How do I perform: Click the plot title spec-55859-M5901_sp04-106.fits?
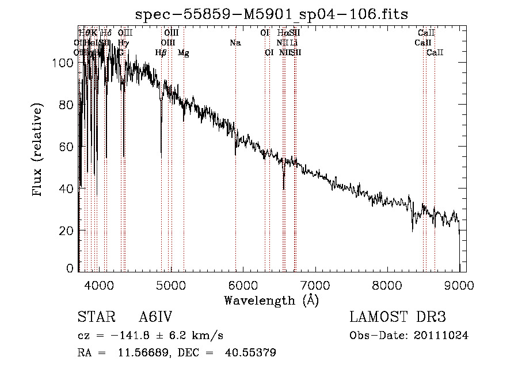tap(271, 14)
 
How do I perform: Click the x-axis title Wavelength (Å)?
tap(271, 300)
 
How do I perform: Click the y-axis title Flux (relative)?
tap(39, 151)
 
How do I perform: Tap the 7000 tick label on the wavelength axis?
tap(315, 284)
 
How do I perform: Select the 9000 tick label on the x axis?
tap(459, 284)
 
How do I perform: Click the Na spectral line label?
tap(235, 43)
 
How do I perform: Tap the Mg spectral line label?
tap(183, 53)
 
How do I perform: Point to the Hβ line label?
tap(161, 53)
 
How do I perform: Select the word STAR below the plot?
tap(94, 318)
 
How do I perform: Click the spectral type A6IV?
tap(155, 318)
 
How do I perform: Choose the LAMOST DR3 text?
tap(397, 318)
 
